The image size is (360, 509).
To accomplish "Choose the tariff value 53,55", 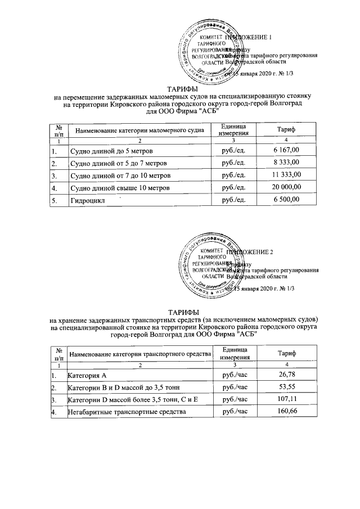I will pyautogui.click(x=287, y=388).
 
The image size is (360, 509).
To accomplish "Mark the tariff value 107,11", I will pyautogui.click(x=287, y=400).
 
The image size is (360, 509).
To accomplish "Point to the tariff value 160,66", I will pyautogui.click(x=287, y=412).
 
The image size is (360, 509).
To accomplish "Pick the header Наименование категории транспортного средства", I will pyautogui.click(x=139, y=354).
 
